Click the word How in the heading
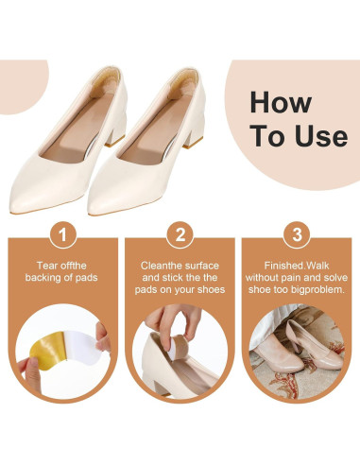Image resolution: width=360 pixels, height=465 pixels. (x=281, y=102)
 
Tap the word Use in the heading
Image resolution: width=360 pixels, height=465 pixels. (x=321, y=136)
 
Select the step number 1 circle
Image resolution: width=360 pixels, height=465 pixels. (x=63, y=234)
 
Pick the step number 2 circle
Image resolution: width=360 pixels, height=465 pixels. (x=180, y=234)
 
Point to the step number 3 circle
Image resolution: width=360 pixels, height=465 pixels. (x=297, y=234)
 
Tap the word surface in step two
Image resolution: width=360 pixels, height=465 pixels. (x=200, y=266)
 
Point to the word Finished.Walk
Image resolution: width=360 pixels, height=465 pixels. (x=297, y=266)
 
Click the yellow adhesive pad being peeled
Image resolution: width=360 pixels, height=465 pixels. (x=49, y=350)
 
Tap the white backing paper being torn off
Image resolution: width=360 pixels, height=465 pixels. (x=81, y=348)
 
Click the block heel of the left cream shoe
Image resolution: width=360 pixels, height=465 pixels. (x=116, y=132)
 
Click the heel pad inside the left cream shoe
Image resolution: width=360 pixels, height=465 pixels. (x=106, y=84)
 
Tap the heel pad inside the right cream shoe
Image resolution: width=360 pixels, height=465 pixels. (x=183, y=85)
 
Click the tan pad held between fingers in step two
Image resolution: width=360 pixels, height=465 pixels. (x=179, y=347)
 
